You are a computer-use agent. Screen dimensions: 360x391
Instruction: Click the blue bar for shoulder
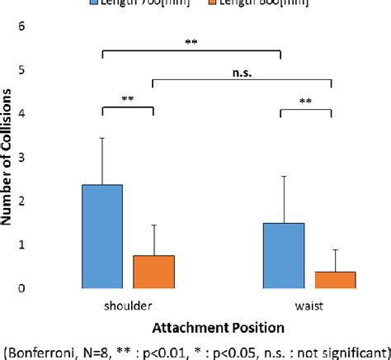(102, 237)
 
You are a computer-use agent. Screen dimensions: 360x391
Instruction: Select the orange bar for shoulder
(153, 272)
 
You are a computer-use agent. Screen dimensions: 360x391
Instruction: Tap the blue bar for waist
(284, 256)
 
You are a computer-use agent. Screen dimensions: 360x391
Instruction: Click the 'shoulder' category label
(128, 305)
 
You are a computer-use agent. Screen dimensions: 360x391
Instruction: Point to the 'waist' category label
(309, 305)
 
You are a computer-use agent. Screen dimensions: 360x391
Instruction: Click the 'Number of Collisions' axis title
(14, 157)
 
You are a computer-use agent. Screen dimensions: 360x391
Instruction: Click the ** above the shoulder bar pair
(128, 100)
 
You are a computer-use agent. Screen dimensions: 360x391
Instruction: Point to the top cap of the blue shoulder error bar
(102, 138)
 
